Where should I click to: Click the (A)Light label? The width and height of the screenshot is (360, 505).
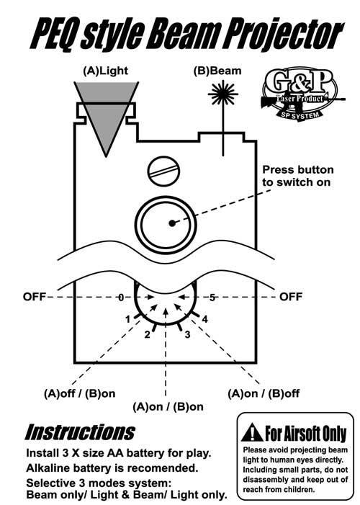coord(105,71)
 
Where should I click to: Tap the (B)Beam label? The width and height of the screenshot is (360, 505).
coord(217,71)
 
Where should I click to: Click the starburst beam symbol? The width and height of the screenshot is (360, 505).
coord(222,94)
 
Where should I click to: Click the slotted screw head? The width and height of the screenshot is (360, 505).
coord(163,171)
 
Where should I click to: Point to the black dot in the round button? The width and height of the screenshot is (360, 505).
coord(172,223)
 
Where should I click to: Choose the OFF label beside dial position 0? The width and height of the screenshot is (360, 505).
coord(35,297)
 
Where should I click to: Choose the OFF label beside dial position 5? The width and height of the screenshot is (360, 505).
coord(290,297)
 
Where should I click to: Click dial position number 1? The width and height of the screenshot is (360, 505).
coord(128,319)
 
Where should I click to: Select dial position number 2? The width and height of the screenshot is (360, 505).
coord(147,335)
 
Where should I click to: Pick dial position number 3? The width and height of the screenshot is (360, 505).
coord(187,335)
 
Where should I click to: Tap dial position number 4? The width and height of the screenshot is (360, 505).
coord(204,319)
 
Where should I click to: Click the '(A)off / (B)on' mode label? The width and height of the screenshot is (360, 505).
coord(79,393)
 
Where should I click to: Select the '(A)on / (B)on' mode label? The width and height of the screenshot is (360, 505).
coord(168,407)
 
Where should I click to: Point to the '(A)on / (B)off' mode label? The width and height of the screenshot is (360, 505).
coord(264,393)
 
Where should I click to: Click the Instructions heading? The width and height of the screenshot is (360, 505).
coord(80,432)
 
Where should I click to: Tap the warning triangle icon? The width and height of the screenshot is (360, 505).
coord(252,433)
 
